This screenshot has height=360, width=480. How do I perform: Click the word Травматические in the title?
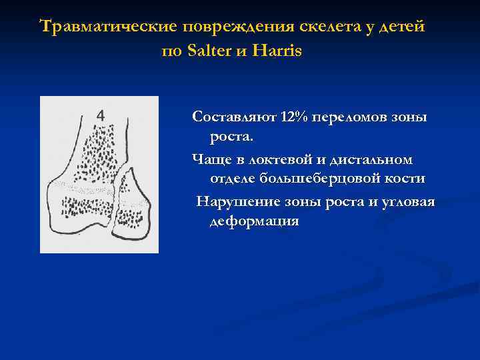(x=107, y=27)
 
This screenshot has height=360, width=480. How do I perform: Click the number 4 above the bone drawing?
(x=100, y=115)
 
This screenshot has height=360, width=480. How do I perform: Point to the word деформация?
(x=254, y=221)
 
